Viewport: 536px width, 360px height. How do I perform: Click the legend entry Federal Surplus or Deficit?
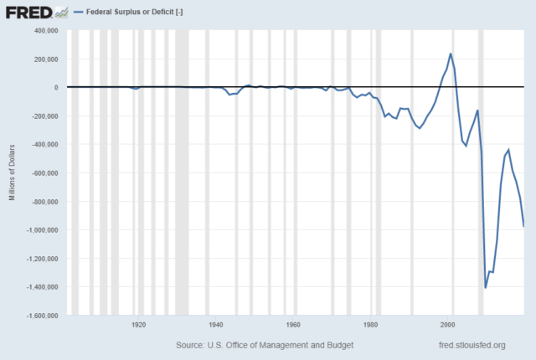pos(135,13)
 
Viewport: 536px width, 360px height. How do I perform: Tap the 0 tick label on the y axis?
pos(54,87)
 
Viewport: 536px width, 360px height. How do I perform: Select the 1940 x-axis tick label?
pos(216,324)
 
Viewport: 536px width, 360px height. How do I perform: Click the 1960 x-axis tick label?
pos(293,324)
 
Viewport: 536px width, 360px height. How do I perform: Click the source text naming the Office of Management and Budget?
pos(265,345)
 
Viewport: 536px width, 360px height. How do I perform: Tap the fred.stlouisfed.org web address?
pos(472,345)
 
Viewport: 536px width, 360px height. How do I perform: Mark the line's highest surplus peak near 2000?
pos(451,54)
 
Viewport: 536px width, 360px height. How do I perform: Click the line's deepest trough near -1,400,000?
pos(486,288)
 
